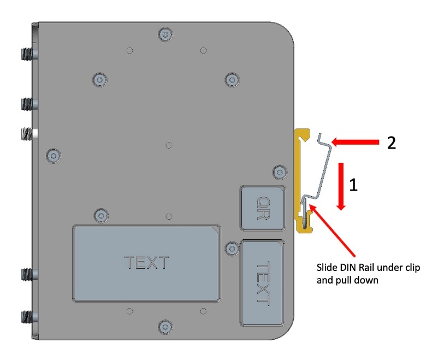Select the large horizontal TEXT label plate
point(147,262)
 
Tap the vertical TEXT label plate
point(263,282)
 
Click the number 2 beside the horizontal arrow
point(392,143)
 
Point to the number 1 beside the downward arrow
point(353,186)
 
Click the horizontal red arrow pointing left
point(355,143)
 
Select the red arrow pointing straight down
point(341,185)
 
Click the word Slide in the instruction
point(328,269)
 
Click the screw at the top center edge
point(165,35)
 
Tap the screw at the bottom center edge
point(165,327)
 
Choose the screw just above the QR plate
point(279,170)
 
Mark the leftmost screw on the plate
point(53,155)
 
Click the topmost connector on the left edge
point(26,54)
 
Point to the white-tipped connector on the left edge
point(27,133)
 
